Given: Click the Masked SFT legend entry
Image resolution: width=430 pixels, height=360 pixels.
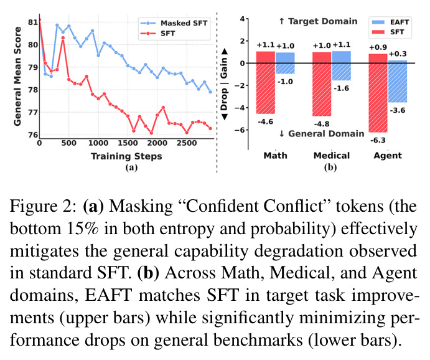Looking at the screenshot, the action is click(174, 23).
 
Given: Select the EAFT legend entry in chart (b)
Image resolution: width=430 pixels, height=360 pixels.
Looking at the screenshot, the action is click(391, 22).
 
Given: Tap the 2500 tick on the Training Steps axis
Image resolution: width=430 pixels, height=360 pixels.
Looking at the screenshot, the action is click(187, 143).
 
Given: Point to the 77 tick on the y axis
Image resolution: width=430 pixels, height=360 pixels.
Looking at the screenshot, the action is click(33, 112).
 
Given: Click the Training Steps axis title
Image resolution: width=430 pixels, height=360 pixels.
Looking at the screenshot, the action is click(126, 156).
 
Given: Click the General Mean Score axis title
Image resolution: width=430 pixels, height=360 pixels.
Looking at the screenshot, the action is click(17, 76).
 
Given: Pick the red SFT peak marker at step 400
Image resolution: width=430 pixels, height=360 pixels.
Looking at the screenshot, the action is click(63, 38).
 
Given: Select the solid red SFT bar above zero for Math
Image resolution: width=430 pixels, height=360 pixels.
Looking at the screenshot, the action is click(266, 57).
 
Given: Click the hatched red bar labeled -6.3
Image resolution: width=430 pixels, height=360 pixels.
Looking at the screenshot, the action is click(378, 98).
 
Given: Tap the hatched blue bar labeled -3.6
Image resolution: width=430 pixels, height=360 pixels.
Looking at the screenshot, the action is click(398, 83).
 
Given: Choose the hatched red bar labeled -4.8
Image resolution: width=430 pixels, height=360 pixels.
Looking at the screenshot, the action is click(322, 90).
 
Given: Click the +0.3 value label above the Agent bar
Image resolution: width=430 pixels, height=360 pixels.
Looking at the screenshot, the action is click(398, 54).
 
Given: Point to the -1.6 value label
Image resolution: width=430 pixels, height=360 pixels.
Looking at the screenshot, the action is click(342, 88).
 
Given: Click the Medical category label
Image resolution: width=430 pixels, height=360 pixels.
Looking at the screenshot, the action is click(332, 156).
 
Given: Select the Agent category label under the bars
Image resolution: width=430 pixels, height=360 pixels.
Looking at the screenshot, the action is click(388, 156).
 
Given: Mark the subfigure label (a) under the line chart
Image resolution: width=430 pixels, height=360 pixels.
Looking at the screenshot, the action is click(131, 168).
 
